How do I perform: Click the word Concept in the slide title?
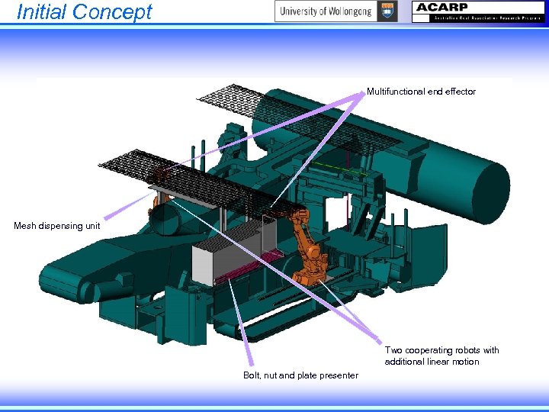(114, 12)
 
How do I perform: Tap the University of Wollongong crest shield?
(387, 11)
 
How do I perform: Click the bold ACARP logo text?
(443, 8)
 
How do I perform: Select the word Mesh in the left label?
(25, 226)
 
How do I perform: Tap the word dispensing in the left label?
(62, 226)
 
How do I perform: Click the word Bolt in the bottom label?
(252, 375)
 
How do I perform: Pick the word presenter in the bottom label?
(339, 375)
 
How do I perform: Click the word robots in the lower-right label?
(465, 350)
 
